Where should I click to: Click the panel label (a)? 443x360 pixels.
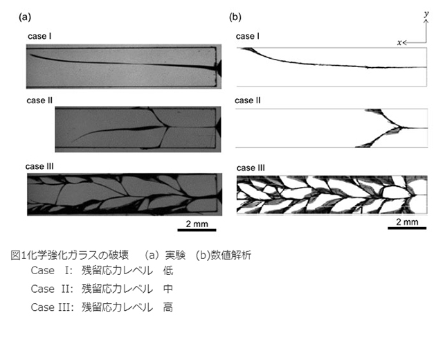(x=25, y=17)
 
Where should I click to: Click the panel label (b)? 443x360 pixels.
(x=235, y=17)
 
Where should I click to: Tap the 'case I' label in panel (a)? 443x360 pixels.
(x=39, y=36)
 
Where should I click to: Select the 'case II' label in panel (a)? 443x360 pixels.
(x=39, y=100)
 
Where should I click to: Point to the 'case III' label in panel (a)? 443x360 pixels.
(x=39, y=166)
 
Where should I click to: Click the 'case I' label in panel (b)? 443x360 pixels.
(x=248, y=36)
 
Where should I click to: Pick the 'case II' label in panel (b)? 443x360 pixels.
(x=248, y=100)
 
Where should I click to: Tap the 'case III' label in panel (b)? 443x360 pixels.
(x=251, y=168)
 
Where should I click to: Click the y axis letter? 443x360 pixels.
(x=426, y=14)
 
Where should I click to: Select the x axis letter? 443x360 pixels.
(x=399, y=43)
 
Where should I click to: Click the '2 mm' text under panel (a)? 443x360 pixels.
(x=197, y=224)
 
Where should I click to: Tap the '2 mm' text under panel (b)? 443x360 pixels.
(x=407, y=222)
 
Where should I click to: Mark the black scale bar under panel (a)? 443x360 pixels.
(x=197, y=230)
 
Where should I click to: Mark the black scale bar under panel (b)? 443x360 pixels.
(x=407, y=228)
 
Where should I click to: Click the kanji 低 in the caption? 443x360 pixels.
(x=168, y=271)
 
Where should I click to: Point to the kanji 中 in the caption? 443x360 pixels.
(x=168, y=289)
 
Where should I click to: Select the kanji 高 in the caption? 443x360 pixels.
(x=168, y=307)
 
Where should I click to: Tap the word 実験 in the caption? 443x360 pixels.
(x=175, y=255)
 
